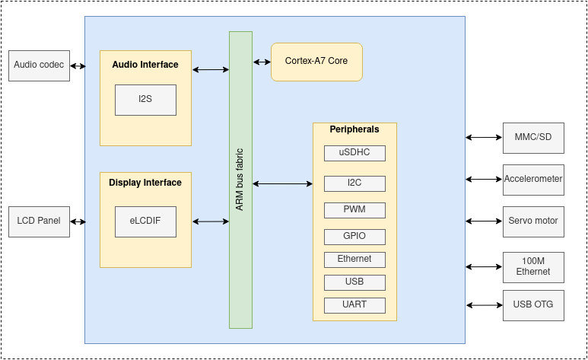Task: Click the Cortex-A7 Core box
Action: (316, 62)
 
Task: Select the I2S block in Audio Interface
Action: (145, 100)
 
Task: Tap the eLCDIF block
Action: (145, 221)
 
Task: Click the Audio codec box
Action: (39, 65)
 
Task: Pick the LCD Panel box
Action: (39, 221)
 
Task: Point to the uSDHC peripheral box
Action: (354, 153)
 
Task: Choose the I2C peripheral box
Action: (354, 183)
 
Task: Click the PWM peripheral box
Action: (354, 210)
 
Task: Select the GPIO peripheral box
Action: (354, 237)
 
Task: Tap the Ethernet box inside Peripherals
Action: (354, 260)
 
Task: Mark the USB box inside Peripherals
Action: (354, 282)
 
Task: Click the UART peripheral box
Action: (354, 305)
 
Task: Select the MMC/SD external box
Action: (533, 138)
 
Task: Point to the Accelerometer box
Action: (533, 180)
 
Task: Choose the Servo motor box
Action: (533, 221)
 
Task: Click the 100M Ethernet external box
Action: (533, 267)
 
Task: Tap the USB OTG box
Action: (533, 305)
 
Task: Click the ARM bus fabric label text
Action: (240, 180)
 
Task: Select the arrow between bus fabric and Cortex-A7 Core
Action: (262, 62)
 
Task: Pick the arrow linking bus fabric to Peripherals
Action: (282, 183)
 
